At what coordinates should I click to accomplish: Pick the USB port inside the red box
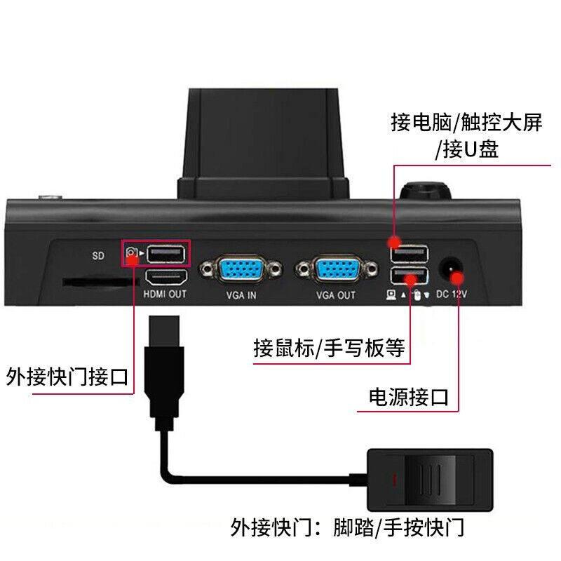pyautogui.click(x=167, y=252)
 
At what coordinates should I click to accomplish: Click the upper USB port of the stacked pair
pyautogui.click(x=409, y=252)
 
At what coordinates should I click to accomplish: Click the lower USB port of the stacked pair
pyautogui.click(x=409, y=276)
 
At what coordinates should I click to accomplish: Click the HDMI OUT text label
pyautogui.click(x=165, y=295)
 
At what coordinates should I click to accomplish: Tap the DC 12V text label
pyautogui.click(x=452, y=295)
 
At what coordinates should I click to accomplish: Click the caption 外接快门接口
pyautogui.click(x=67, y=377)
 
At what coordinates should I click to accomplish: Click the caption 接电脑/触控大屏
pyautogui.click(x=466, y=123)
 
